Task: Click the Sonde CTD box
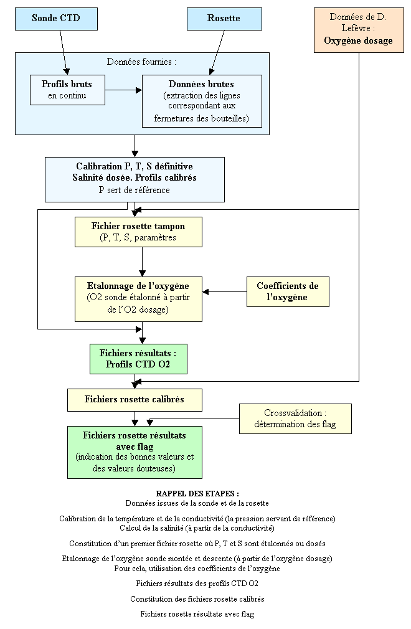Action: pyautogui.click(x=56, y=19)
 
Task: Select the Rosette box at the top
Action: pyautogui.click(x=224, y=19)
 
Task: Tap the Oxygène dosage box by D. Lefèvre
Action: pyautogui.click(x=359, y=30)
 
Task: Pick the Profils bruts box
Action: pyautogui.click(x=67, y=90)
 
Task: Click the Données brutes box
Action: pyautogui.click(x=202, y=101)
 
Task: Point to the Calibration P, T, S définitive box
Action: pyautogui.click(x=135, y=179)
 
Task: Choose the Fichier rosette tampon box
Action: pyautogui.click(x=138, y=232)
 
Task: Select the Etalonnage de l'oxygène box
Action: pyautogui.click(x=138, y=299)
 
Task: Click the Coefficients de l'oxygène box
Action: pyautogui.click(x=288, y=291)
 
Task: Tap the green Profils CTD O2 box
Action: pyautogui.click(x=138, y=359)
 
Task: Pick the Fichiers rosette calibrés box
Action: pyautogui.click(x=135, y=400)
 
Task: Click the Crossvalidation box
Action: pyautogui.click(x=296, y=419)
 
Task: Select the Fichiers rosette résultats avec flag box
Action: pyautogui.click(x=135, y=452)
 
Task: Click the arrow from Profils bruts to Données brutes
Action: pyautogui.click(x=123, y=90)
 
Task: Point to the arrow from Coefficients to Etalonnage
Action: pyautogui.click(x=224, y=291)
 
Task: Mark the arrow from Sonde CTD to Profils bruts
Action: pyautogui.click(x=64, y=52)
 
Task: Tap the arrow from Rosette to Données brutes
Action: pyautogui.click(x=217, y=52)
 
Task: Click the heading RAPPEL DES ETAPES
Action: pyautogui.click(x=197, y=493)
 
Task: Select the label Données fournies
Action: pyautogui.click(x=141, y=62)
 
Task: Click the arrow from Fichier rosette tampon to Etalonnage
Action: pyautogui.click(x=143, y=262)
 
